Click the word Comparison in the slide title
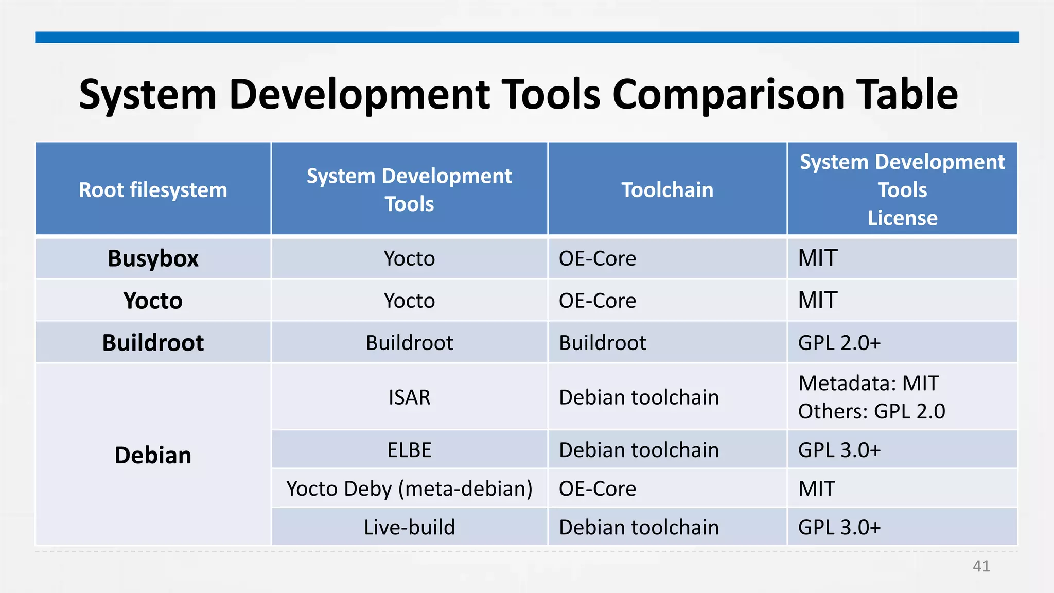[x=728, y=95]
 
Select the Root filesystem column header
[x=153, y=190]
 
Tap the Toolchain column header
[x=667, y=190]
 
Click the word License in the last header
[x=902, y=218]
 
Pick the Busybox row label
[x=153, y=258]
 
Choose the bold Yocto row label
[x=153, y=301]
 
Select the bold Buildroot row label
[x=153, y=343]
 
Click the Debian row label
[x=153, y=455]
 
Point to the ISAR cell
[x=409, y=397]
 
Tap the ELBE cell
[x=409, y=450]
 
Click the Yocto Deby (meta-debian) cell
[x=409, y=489]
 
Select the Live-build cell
[x=409, y=527]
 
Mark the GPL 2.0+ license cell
[x=839, y=343]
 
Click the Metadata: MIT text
[x=868, y=383]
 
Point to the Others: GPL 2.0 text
[x=871, y=411]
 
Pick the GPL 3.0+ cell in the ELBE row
[x=839, y=450]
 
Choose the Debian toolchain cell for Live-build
[x=638, y=527]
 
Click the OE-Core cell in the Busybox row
[x=597, y=258]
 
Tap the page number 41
[x=981, y=566]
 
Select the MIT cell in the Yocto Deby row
[x=816, y=489]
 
